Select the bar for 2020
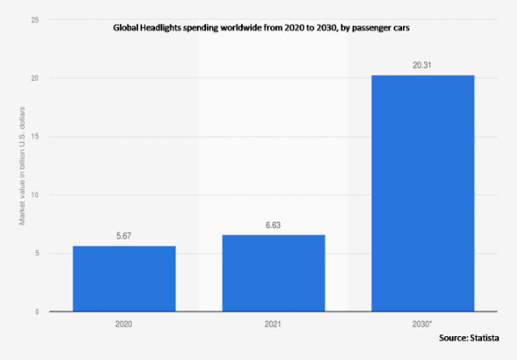124,278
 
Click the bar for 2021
273,272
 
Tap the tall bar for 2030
422,193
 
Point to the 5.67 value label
124,237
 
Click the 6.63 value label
273,226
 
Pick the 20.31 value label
422,66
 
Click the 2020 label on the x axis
124,324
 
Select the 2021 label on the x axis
273,324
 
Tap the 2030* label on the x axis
423,324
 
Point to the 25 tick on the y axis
35,20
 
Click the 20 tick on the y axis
35,78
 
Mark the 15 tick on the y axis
35,136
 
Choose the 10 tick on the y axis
35,195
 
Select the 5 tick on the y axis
37,254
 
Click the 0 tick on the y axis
37,311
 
